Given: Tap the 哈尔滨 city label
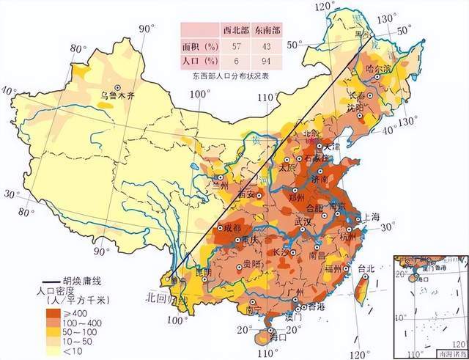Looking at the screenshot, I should pos(378,68).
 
